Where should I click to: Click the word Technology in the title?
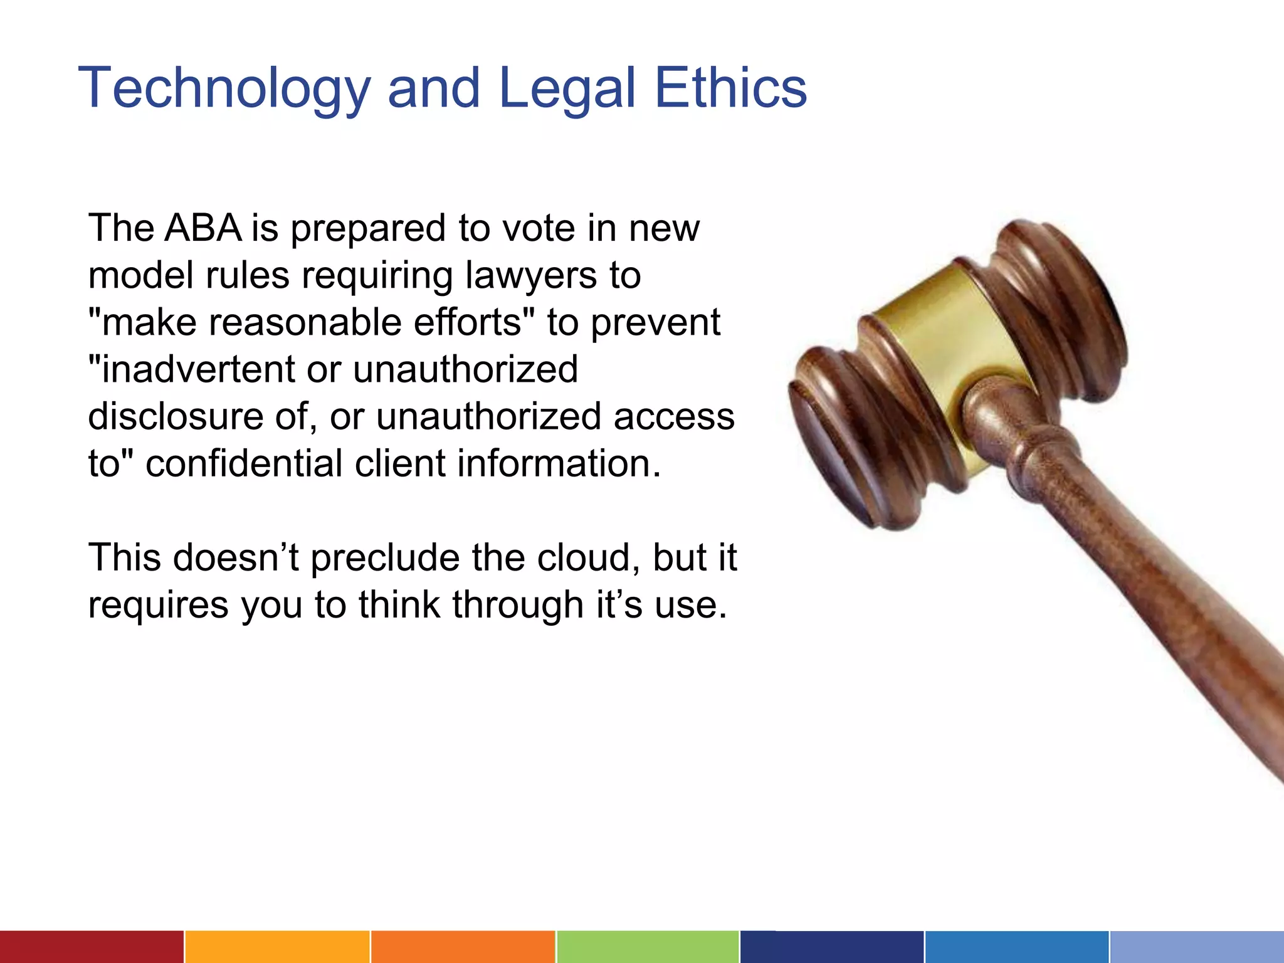(224, 89)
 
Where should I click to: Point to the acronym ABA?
(203, 228)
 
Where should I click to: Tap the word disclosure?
(176, 416)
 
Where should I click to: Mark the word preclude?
(385, 559)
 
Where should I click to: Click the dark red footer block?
(92, 947)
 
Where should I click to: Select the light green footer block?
(647, 947)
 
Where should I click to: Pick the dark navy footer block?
(831, 947)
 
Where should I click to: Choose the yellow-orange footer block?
(277, 947)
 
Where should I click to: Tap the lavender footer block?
(1196, 947)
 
